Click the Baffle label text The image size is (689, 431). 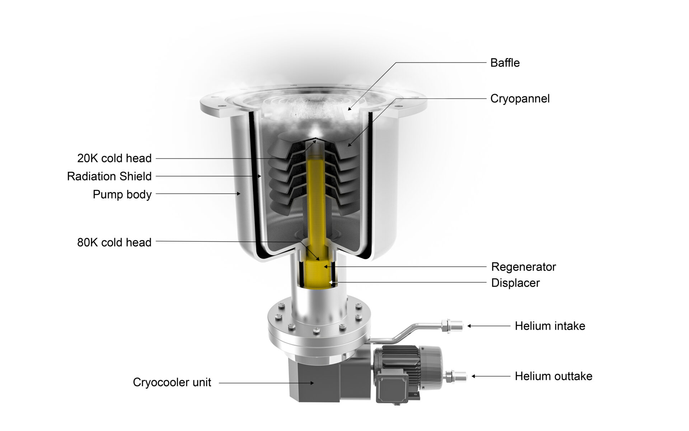pos(505,63)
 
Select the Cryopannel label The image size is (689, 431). pos(520,99)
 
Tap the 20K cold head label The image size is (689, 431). pos(114,158)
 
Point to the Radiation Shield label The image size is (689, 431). pos(109,176)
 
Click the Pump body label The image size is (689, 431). pos(122,194)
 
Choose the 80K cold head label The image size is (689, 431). pos(114,242)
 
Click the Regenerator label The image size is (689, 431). pos(523,267)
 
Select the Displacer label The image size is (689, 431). pos(515,283)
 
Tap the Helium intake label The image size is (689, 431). pos(550,326)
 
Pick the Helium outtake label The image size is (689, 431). pos(553,376)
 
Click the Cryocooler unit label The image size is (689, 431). pos(172,382)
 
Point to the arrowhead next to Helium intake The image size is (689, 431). pos(469,326)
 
